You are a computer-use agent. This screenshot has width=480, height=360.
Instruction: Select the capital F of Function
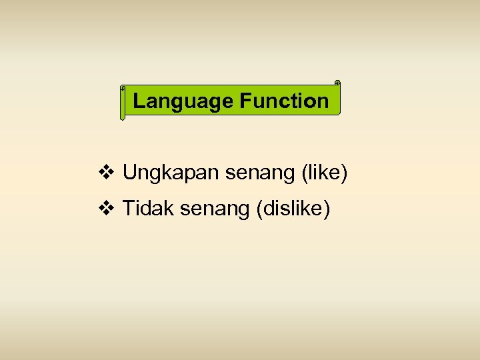click(x=244, y=101)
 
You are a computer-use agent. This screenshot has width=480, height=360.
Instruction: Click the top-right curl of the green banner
click(x=337, y=83)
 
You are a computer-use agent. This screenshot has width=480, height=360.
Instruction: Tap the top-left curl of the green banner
click(x=123, y=88)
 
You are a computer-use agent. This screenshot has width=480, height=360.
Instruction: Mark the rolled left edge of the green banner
click(x=123, y=104)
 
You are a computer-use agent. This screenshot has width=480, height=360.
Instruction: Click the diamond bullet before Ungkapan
click(x=106, y=173)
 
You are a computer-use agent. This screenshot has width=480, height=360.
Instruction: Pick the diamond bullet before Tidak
click(x=106, y=209)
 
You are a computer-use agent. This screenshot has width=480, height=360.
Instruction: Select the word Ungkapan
click(x=171, y=173)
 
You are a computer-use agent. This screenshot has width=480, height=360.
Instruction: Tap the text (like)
click(x=325, y=173)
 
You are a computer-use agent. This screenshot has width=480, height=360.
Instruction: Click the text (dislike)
click(x=293, y=209)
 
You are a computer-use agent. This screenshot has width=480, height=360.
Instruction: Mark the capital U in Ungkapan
click(x=129, y=173)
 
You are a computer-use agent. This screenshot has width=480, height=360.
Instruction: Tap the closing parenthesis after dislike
click(x=327, y=209)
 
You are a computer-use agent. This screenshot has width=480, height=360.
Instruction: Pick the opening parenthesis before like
click(x=305, y=173)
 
